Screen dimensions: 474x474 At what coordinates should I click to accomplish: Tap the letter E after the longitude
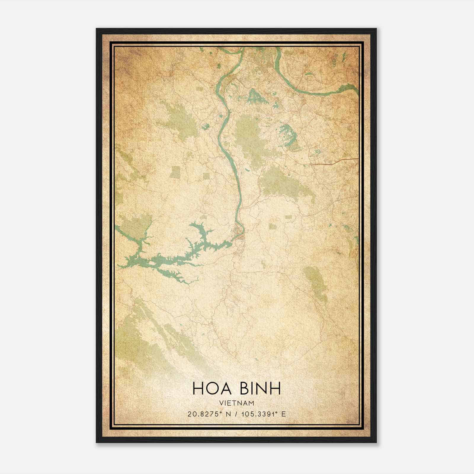[x=284, y=414]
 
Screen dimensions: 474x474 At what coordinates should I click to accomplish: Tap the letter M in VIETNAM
[x=252, y=403]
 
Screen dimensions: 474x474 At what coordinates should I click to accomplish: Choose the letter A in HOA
[x=226, y=389]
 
